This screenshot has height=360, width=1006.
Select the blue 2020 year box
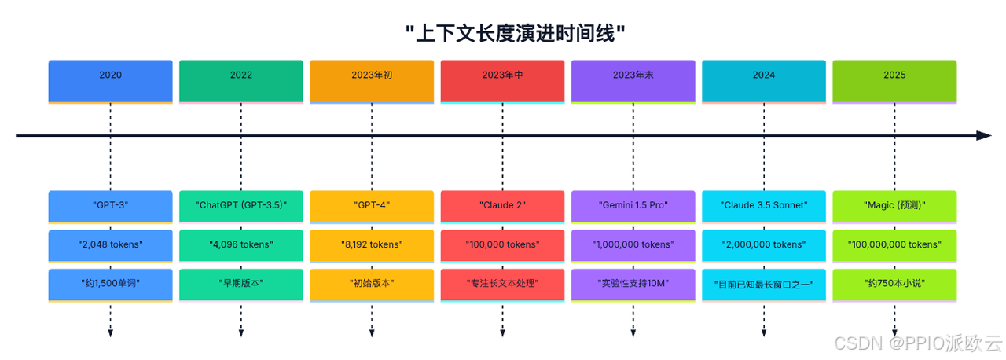point(110,75)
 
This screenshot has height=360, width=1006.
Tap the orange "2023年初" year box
point(372,75)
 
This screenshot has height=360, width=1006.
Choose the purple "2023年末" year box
point(633,75)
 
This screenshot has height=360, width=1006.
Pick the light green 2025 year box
point(894,75)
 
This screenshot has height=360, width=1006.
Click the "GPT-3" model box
point(110,206)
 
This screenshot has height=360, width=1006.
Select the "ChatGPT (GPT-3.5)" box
point(241,206)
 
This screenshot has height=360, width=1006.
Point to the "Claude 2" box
point(502,206)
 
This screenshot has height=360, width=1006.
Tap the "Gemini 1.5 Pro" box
point(633,206)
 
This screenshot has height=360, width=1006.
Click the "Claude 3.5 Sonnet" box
point(764,206)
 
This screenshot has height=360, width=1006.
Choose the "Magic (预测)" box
point(894,206)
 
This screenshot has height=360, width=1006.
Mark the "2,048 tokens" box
point(110,244)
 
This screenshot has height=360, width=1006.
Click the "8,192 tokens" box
point(372,244)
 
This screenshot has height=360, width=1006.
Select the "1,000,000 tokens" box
point(633,244)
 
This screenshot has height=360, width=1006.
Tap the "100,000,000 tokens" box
point(894,244)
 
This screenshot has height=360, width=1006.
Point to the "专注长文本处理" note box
point(502,284)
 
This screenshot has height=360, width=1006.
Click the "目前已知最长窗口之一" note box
point(764,284)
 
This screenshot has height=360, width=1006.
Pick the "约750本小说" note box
point(894,284)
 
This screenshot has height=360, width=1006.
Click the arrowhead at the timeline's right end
point(984,136)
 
